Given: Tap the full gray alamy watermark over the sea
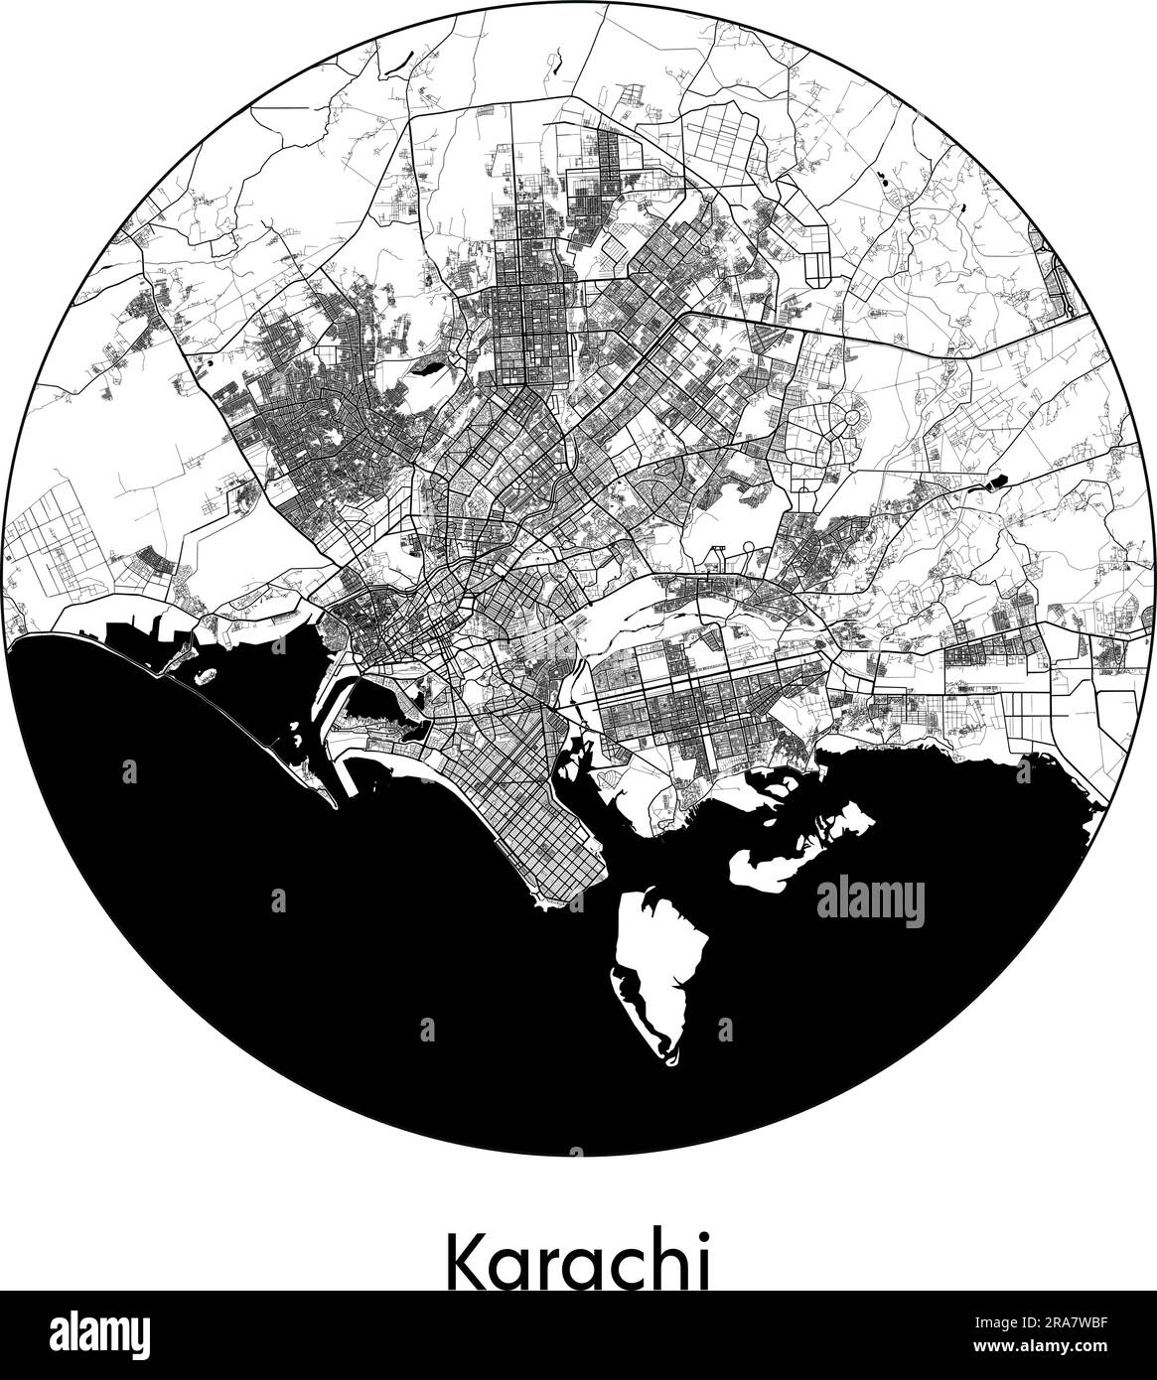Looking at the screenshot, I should click(869, 902).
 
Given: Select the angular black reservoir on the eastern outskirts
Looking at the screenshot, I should click(993, 485).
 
